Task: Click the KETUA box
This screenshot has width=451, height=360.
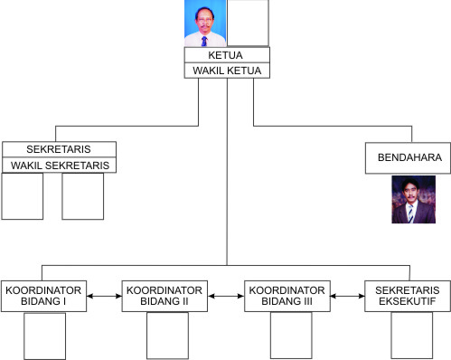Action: pos(226,54)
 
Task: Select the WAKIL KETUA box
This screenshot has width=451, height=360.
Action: pos(226,70)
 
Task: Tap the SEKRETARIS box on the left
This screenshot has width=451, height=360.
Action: pos(59,149)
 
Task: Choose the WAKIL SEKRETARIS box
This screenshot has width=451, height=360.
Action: pos(59,166)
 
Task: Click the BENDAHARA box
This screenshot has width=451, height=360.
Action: pos(409,157)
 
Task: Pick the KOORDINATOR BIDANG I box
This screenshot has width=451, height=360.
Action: pos(44,296)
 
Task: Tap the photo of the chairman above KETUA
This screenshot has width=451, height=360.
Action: pos(203,24)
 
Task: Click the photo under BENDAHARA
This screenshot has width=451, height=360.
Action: pos(413,199)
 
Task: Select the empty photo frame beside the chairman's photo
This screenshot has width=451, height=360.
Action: pos(247,24)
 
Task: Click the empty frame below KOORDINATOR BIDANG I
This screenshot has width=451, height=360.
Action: pos(44,336)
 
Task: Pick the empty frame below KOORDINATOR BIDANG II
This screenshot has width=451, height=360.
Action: pos(167,336)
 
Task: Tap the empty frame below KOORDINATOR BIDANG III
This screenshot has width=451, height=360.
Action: pos(290,336)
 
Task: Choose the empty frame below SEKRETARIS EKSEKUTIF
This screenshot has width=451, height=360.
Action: pos(411,336)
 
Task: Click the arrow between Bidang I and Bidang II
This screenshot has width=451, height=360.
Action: pos(106,296)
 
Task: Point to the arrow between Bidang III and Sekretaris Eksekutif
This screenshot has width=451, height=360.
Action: pos(348,296)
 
